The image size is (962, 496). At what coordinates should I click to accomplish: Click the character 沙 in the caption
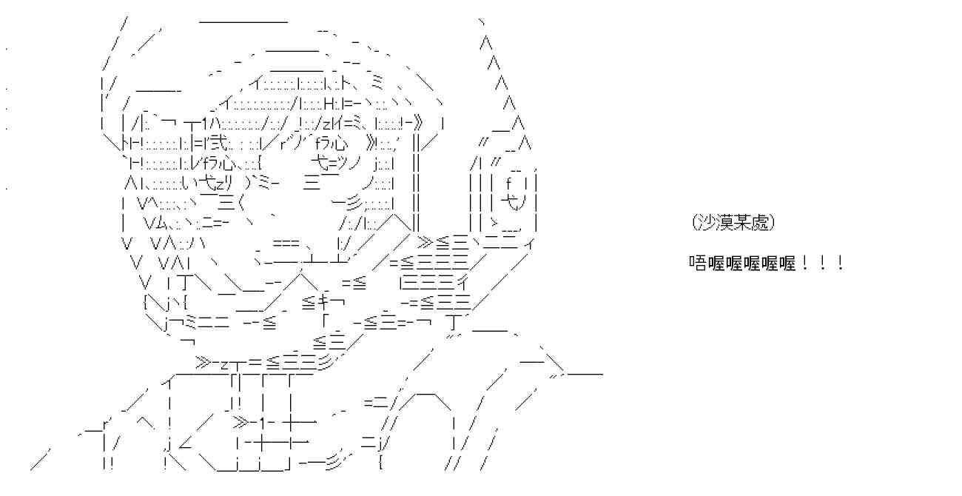[704, 223]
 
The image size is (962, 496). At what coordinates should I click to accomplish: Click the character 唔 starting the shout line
[698, 263]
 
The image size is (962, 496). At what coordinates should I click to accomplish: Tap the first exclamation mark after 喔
[804, 263]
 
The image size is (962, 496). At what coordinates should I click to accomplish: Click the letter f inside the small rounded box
[509, 184]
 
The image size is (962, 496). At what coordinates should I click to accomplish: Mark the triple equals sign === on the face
[286, 244]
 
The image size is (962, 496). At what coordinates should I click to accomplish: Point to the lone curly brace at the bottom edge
[381, 463]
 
